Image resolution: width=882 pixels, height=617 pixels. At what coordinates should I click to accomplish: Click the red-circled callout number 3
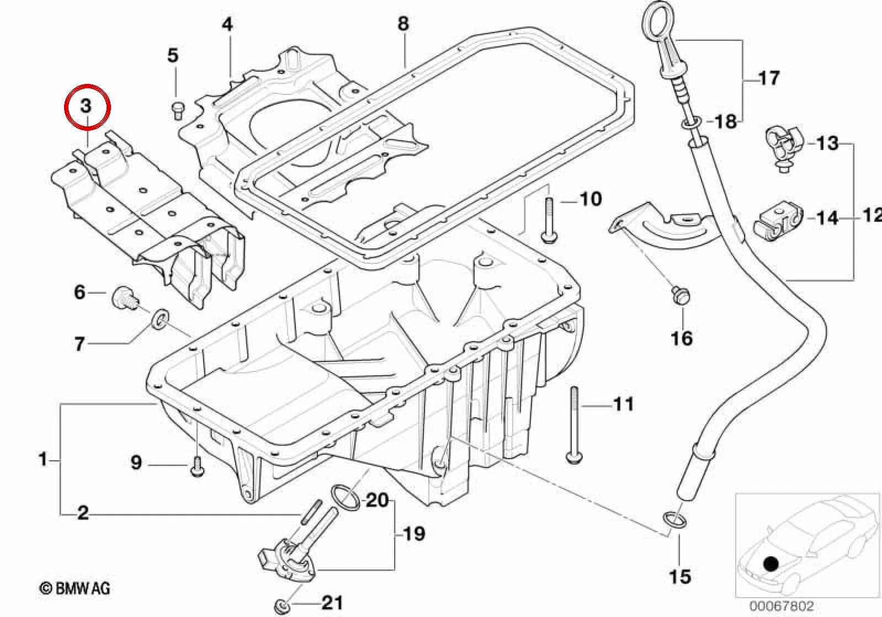click(86, 106)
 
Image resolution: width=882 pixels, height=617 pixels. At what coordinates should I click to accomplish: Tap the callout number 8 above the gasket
click(403, 24)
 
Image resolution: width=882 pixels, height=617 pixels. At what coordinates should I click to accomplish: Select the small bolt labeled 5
click(178, 110)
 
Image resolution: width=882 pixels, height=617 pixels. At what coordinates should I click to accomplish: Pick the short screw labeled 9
click(197, 467)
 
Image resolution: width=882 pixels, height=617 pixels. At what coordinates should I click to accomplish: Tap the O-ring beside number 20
click(346, 498)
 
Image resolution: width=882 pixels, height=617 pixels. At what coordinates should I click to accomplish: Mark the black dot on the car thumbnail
click(771, 564)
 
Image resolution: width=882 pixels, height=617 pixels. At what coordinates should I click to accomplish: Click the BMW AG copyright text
click(75, 588)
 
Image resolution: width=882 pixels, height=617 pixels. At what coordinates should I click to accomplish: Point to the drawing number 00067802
click(781, 605)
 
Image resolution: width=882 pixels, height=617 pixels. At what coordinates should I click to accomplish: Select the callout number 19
click(413, 534)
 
